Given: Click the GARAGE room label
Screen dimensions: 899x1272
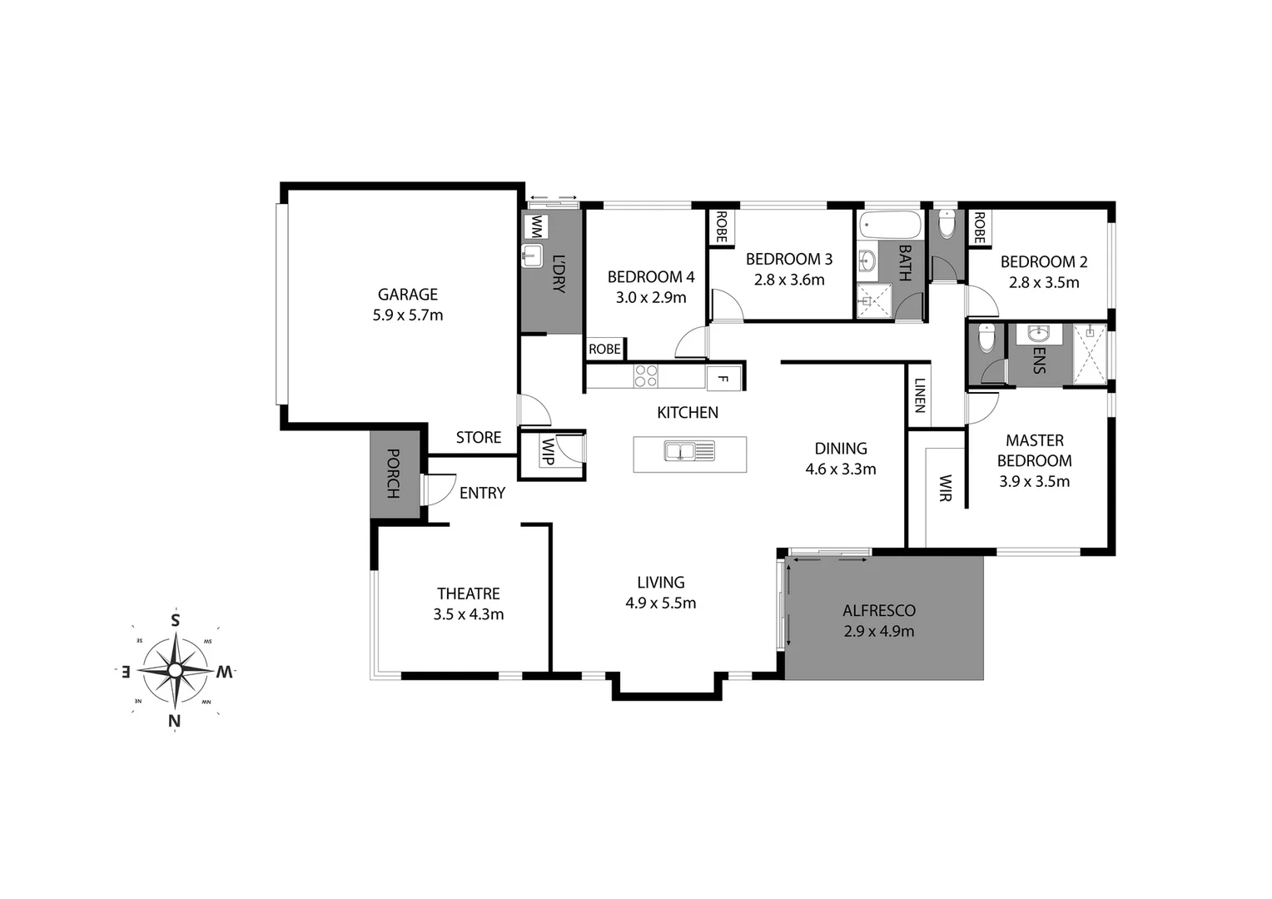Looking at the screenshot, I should tap(407, 294).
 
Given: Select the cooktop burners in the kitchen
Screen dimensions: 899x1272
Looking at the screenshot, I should tap(646, 376).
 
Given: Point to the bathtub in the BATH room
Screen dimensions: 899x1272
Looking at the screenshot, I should tap(889, 225).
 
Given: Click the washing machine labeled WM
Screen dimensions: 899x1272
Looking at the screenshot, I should tap(537, 226).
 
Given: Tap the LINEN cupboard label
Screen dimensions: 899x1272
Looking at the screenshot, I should tap(919, 395).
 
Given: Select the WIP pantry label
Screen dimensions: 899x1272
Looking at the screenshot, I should tap(547, 451).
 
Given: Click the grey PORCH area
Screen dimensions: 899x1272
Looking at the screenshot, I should tap(395, 474).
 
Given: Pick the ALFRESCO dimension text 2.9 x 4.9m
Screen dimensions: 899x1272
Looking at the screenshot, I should tap(878, 631).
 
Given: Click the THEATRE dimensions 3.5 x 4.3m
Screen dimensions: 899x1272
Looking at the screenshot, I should tap(468, 614).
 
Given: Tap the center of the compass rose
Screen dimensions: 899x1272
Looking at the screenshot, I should tap(175, 670).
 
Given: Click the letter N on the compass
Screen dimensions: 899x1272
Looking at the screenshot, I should tap(175, 721).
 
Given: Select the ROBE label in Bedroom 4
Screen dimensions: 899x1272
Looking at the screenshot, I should tap(604, 349).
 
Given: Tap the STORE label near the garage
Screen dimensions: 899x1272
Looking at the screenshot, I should tap(478, 437).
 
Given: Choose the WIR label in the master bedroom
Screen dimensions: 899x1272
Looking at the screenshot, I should tap(945, 488).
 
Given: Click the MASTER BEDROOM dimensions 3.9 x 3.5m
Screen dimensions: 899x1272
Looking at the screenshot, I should tap(1034, 481).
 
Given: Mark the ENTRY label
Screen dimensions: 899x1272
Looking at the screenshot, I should tap(482, 493).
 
